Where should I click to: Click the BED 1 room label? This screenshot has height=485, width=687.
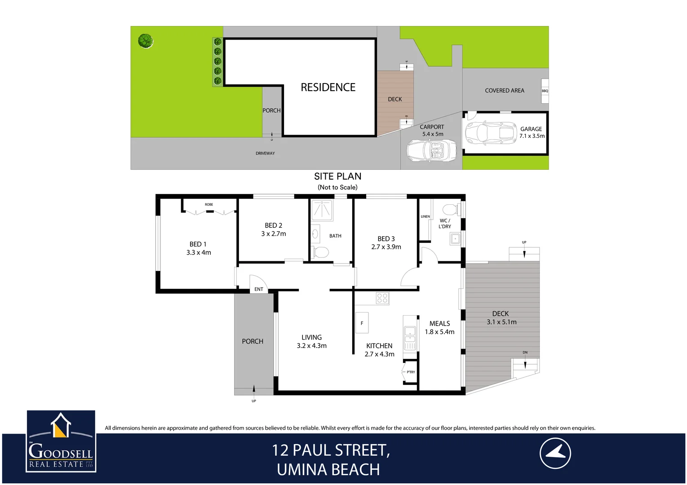tap(198, 244)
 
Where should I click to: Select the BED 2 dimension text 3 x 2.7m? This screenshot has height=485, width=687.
tap(273, 234)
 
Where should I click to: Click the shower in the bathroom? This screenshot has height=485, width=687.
tap(322, 210)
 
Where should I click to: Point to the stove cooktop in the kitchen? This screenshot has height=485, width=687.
tap(382, 298)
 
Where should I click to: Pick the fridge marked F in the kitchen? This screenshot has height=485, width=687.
tap(362, 323)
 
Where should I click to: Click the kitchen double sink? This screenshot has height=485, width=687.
tap(410, 332)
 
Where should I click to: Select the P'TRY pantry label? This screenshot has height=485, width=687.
tap(411, 372)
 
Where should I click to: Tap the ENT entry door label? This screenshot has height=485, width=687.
tap(259, 289)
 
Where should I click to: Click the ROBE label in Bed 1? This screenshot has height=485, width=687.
tap(209, 205)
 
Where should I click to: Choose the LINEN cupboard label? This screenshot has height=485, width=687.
tap(425, 216)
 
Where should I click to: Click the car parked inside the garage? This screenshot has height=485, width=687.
tap(491, 133)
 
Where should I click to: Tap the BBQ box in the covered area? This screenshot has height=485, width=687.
tap(545, 91)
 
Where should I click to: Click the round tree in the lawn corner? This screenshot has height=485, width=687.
tap(145, 41)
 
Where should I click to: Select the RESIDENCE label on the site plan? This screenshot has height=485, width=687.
tap(328, 88)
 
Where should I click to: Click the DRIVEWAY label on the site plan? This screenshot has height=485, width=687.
tap(265, 154)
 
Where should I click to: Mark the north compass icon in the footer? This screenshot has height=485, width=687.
tap(555, 454)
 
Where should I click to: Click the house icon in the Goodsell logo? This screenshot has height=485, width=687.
tap(61, 425)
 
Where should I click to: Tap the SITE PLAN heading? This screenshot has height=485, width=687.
tap(337, 176)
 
